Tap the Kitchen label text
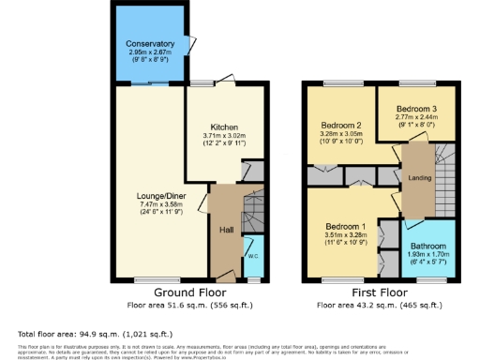pos(223,127)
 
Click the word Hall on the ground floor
pos(226,229)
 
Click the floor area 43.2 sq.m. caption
pos(378,305)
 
